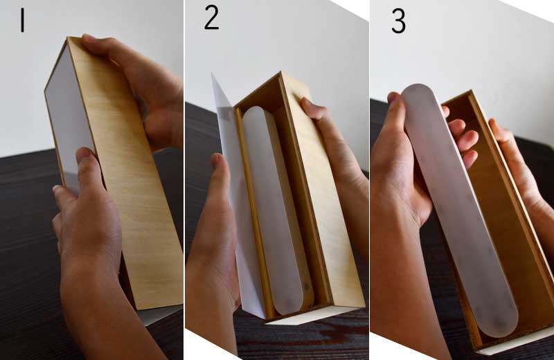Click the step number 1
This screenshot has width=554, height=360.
(23, 21)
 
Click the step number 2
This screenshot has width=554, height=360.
(212, 18)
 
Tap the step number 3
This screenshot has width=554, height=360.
(399, 21)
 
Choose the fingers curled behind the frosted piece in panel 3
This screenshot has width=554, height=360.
(463, 138)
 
